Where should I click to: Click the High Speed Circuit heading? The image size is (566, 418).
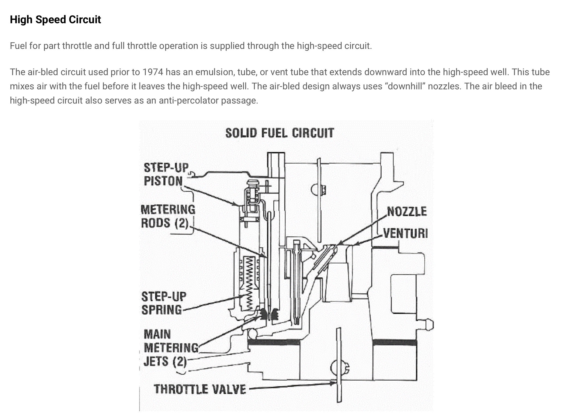point(55,20)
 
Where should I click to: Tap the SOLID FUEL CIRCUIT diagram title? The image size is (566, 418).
point(279,133)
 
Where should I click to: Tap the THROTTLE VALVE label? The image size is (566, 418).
point(200,389)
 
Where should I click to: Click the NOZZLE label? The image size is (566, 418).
point(407,211)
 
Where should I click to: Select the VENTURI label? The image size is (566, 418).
point(405,233)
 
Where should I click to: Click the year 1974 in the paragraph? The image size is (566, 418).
point(153,72)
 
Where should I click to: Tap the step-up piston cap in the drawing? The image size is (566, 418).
point(252,183)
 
